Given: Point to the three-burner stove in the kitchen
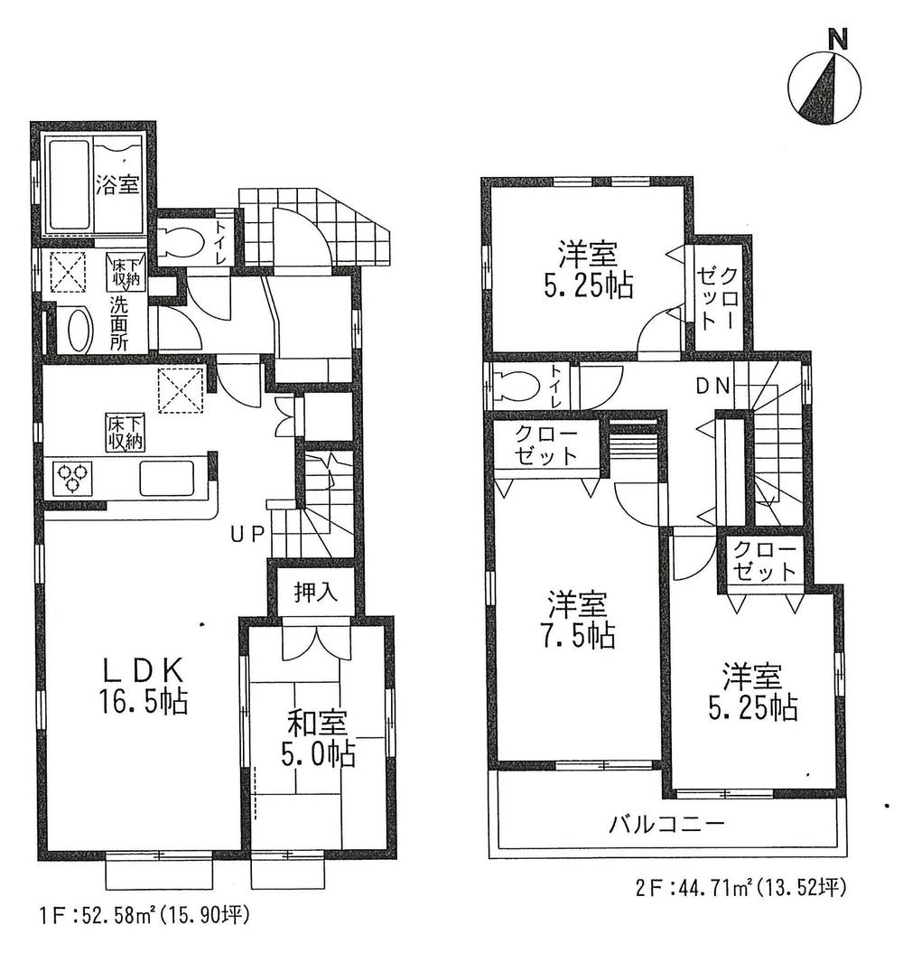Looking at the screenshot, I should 71,476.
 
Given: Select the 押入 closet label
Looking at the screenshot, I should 316,592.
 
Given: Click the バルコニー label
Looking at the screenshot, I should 666,824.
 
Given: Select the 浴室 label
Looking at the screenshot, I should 117,186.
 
